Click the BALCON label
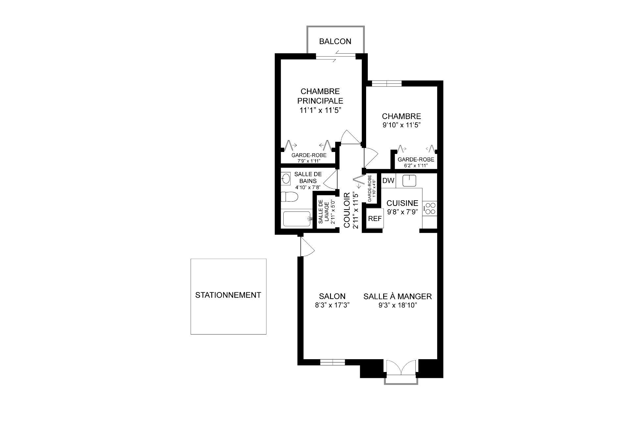point(335,41)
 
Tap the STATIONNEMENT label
point(228,295)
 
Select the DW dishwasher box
point(388,181)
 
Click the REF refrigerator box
point(375,219)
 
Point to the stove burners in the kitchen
point(430,208)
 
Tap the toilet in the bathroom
point(289,197)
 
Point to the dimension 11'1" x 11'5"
point(318,110)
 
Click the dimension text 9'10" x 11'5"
point(401,125)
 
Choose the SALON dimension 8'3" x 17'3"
point(332,305)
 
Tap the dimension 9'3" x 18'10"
point(397,305)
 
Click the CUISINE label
point(402,203)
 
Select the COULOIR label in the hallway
point(347,210)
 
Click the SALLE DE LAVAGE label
point(324,212)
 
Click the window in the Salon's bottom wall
point(332,362)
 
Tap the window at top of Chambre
point(387,84)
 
